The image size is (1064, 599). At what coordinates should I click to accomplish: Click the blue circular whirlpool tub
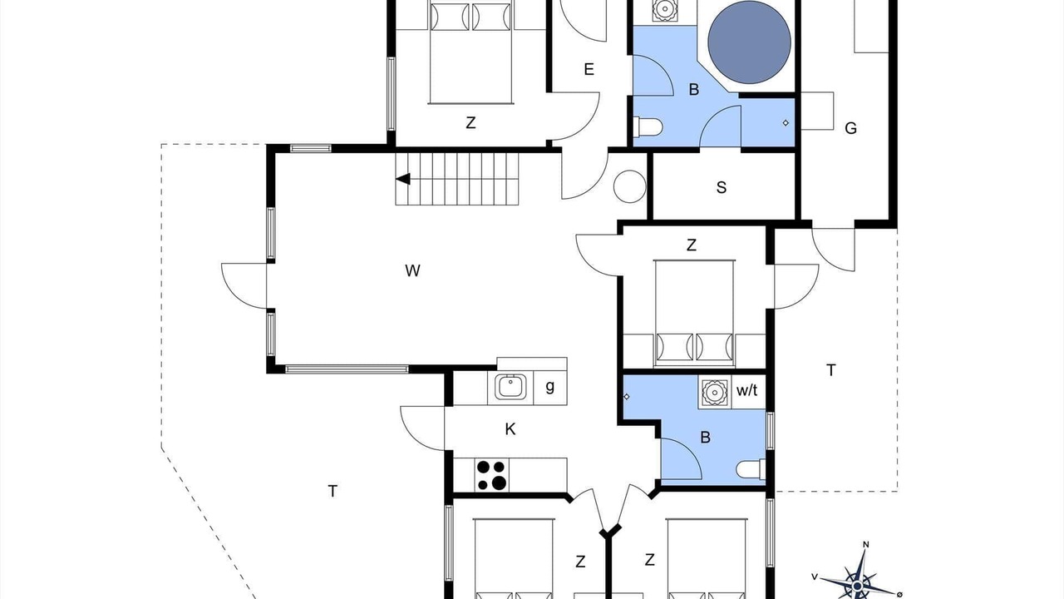pyautogui.click(x=749, y=42)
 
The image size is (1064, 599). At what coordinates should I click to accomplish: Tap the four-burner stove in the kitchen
pyautogui.click(x=491, y=475)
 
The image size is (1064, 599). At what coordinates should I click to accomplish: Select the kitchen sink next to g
pyautogui.click(x=510, y=387)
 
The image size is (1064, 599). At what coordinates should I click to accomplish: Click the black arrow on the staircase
pyautogui.click(x=403, y=179)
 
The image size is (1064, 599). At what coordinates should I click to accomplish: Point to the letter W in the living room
pyautogui.click(x=412, y=270)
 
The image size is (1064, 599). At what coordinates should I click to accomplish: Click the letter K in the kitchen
pyautogui.click(x=510, y=429)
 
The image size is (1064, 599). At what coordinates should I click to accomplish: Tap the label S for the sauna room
pyautogui.click(x=721, y=188)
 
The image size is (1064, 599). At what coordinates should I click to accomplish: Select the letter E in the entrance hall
pyautogui.click(x=589, y=69)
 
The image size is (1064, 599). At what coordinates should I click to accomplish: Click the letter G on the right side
pyautogui.click(x=850, y=128)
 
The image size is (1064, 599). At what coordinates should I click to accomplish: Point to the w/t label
pyautogui.click(x=746, y=391)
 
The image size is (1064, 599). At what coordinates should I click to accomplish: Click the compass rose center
pyautogui.click(x=857, y=585)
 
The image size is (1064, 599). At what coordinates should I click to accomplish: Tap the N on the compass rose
pyautogui.click(x=866, y=545)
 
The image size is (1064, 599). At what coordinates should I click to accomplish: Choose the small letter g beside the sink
pyautogui.click(x=550, y=387)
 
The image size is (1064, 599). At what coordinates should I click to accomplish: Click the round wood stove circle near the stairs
pyautogui.click(x=630, y=186)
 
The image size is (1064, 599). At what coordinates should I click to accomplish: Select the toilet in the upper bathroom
pyautogui.click(x=648, y=127)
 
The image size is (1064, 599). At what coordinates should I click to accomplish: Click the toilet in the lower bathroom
pyautogui.click(x=751, y=469)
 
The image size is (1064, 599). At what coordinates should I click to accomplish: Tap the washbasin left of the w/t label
pyautogui.click(x=713, y=392)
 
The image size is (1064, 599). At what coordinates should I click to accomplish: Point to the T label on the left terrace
pyautogui.click(x=332, y=491)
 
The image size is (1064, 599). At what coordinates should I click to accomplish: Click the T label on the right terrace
pyautogui.click(x=830, y=370)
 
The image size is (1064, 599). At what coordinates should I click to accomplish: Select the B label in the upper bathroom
pyautogui.click(x=693, y=89)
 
